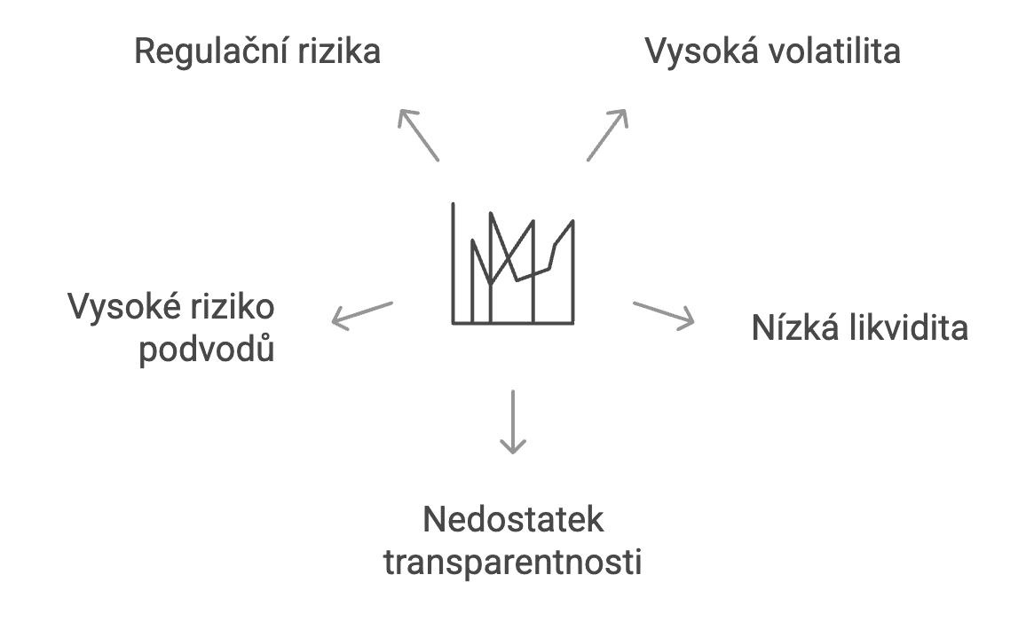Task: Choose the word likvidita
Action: pyautogui.click(x=905, y=328)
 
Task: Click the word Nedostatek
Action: pyautogui.click(x=513, y=520)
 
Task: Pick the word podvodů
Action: pyautogui.click(x=207, y=350)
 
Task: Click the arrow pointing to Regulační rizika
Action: pyautogui.click(x=418, y=134)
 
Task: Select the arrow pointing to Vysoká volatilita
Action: pyautogui.click(x=607, y=134)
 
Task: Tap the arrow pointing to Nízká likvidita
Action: pyautogui.click(x=663, y=315)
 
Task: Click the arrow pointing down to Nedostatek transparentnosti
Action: pyautogui.click(x=513, y=421)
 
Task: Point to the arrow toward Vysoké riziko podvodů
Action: pyautogui.click(x=361, y=315)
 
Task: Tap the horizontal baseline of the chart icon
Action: pyautogui.click(x=513, y=322)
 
